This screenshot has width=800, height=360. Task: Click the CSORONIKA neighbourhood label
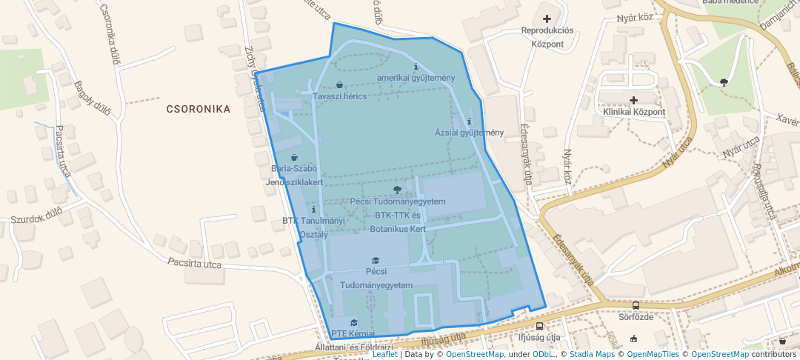click(x=198, y=109)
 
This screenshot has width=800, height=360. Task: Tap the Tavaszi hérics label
click(x=339, y=97)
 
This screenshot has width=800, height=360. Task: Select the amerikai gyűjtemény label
click(x=416, y=78)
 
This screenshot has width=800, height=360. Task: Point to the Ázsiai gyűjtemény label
click(x=469, y=133)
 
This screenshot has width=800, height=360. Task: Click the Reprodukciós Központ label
click(x=547, y=37)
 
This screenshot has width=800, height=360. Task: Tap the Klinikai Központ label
click(x=633, y=112)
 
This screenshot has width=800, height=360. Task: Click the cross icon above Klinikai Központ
click(x=633, y=99)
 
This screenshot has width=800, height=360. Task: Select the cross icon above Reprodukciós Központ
click(x=547, y=19)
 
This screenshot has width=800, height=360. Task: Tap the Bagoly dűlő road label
click(x=92, y=99)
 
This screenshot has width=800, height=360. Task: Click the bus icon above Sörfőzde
click(x=636, y=305)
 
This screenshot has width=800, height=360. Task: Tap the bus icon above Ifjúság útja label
click(x=539, y=326)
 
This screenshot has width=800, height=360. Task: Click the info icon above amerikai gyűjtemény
click(x=416, y=67)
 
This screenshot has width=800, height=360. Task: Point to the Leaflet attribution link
click(x=384, y=354)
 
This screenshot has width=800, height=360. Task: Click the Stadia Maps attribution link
click(x=592, y=354)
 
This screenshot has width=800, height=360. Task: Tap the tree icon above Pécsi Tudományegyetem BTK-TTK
click(x=398, y=190)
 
